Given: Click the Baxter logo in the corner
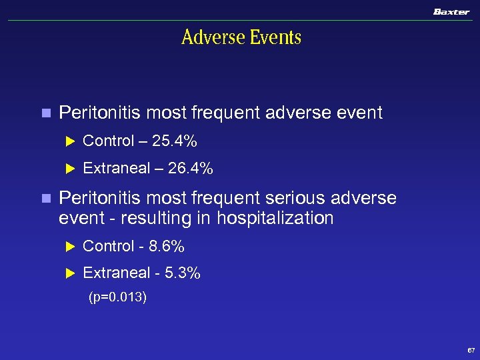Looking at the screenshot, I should coord(451,12).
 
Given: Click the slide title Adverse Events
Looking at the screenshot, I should coord(241,37).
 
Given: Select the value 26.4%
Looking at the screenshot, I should coord(191,169).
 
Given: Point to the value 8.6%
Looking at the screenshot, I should coord(166,247).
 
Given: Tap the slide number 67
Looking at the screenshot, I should coord(471,350).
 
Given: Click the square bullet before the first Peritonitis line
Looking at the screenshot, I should coord(45,113).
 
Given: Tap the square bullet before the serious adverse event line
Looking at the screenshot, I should coord(45,199).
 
